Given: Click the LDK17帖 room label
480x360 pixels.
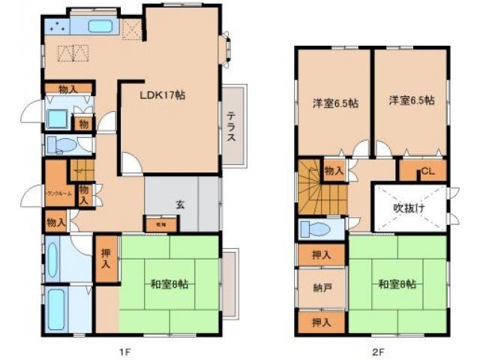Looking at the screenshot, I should pyautogui.click(x=162, y=95).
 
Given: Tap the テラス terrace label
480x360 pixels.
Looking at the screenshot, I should pyautogui.click(x=232, y=127).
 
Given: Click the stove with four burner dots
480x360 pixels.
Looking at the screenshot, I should pyautogui.click(x=58, y=27).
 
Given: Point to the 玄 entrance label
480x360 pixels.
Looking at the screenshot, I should pyautogui.click(x=181, y=202).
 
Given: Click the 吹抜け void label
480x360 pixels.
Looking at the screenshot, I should pyautogui.click(x=409, y=208).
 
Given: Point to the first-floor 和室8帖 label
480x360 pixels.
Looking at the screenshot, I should pyautogui.click(x=168, y=283).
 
